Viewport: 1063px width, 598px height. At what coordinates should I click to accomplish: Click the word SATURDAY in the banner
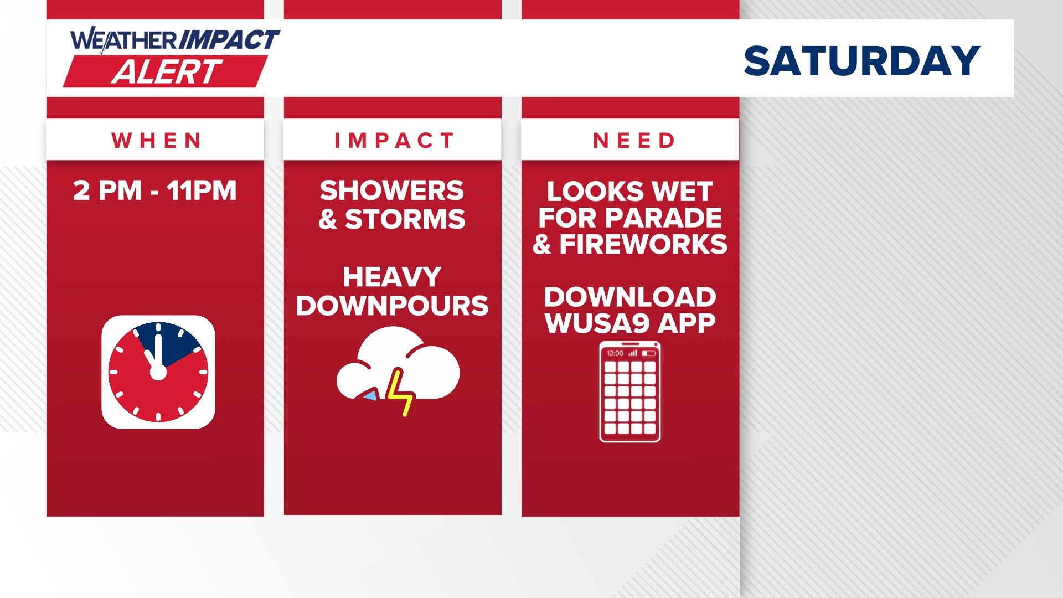pos(862,61)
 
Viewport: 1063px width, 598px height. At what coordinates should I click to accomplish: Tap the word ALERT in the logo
pos(166,72)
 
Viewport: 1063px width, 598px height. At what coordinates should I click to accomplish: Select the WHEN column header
pos(157,141)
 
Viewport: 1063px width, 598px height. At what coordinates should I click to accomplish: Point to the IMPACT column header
pos(394,141)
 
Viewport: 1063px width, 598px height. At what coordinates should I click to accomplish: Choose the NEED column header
pos(634,141)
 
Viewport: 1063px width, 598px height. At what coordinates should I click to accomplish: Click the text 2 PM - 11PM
pos(155,190)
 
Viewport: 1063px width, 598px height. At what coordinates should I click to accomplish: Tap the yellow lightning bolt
pos(400,392)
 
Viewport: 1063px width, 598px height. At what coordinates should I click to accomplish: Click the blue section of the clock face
pos(172,342)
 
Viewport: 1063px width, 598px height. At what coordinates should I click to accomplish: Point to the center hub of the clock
pos(158,373)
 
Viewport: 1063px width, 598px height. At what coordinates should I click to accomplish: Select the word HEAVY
pos(392,277)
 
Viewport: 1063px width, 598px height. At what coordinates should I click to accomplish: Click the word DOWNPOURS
pos(392,306)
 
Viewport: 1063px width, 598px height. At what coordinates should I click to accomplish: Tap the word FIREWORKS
pos(643,244)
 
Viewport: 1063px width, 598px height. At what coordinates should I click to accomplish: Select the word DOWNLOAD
pos(630,297)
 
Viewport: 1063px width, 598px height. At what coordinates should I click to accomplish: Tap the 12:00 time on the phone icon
pos(615,353)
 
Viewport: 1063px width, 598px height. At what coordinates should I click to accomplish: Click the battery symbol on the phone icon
pos(649,353)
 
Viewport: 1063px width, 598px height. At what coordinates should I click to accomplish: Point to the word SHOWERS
pos(392,190)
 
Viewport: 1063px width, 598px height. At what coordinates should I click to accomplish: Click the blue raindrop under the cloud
pos(370,395)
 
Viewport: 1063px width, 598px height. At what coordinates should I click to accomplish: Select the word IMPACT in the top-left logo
pos(229,40)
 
